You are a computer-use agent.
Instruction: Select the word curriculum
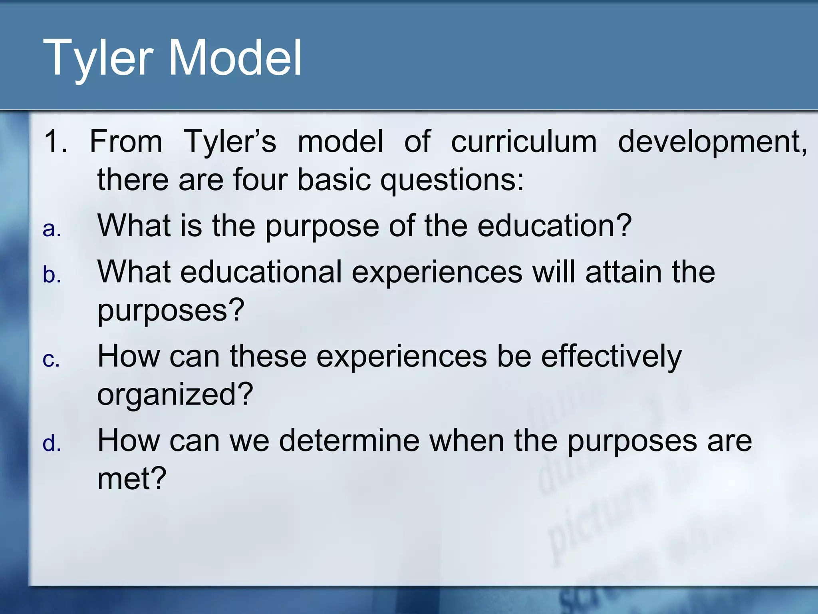point(524,142)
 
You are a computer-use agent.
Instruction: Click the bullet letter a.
point(52,229)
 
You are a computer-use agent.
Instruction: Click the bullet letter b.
point(52,275)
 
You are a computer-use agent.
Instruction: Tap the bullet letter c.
point(51,359)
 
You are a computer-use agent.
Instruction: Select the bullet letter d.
point(52,444)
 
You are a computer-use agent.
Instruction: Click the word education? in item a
point(554,226)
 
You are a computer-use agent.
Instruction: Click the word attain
point(623,272)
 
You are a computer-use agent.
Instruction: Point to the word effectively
point(611,357)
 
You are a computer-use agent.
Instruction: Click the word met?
point(132,478)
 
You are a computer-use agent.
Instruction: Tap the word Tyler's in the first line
point(230,142)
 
